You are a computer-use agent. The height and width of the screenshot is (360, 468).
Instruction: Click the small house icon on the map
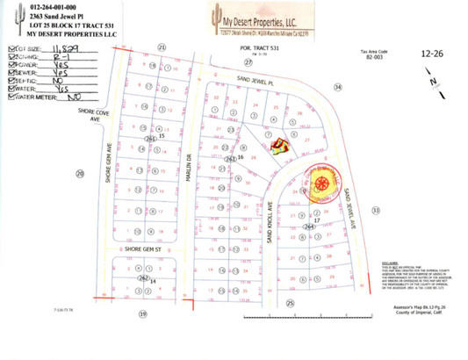click(278, 145)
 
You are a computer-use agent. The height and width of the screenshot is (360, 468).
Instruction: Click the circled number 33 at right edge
click(376, 212)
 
